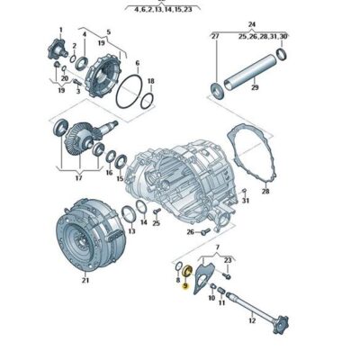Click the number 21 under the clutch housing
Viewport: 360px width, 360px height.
(x=85, y=281)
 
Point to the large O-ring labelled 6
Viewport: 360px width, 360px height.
(x=134, y=91)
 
